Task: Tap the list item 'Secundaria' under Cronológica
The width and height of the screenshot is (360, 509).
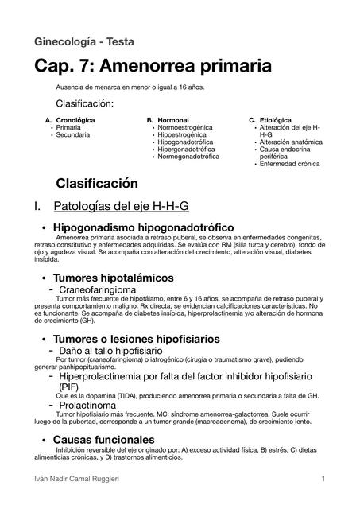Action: click(x=73, y=134)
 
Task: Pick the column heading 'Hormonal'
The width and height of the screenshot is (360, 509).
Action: click(x=173, y=119)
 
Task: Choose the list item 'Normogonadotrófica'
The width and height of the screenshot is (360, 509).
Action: click(x=189, y=157)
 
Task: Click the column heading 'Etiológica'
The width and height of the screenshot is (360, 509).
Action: click(x=275, y=119)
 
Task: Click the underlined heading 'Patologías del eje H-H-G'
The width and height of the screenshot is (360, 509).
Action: click(x=121, y=207)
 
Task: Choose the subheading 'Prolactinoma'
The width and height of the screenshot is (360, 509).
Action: click(x=99, y=406)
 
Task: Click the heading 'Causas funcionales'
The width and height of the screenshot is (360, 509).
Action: click(x=103, y=440)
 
